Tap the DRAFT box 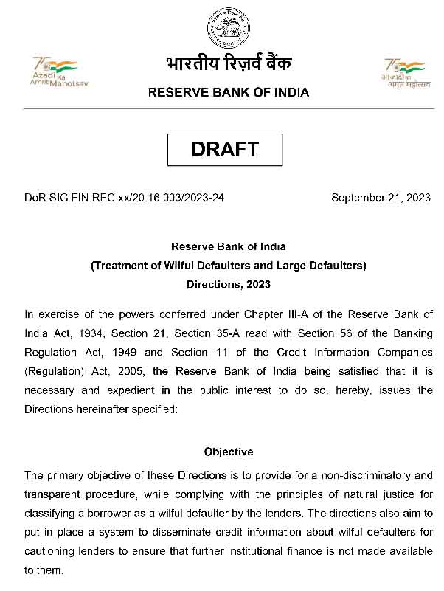click(x=225, y=149)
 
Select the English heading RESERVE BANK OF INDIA click(x=229, y=93)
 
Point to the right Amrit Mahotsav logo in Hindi click(x=405, y=72)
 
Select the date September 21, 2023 click(x=381, y=198)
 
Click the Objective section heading click(x=228, y=452)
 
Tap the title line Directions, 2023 click(x=228, y=284)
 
